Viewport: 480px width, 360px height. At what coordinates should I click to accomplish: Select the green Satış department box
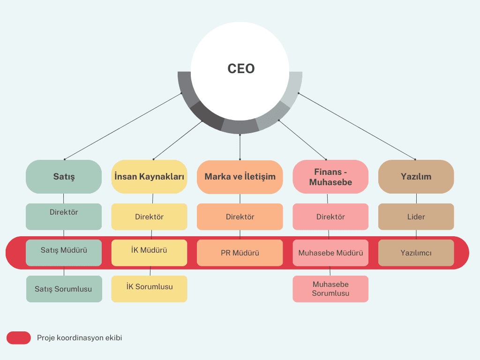tap(64, 177)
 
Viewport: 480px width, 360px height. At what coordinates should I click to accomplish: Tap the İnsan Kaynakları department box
tap(149, 177)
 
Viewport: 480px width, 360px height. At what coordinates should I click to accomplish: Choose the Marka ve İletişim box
tap(240, 177)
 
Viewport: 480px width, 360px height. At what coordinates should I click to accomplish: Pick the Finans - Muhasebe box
tap(330, 177)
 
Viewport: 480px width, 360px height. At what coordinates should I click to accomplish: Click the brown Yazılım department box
tap(416, 177)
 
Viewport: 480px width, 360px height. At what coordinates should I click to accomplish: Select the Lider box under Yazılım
tap(416, 217)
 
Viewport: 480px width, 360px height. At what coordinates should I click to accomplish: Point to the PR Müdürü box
tap(240, 253)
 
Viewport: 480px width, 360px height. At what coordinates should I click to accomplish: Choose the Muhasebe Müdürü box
tap(330, 253)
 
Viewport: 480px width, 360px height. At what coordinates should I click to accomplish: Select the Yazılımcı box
tap(416, 253)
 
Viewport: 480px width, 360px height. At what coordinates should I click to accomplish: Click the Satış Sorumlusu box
tap(64, 289)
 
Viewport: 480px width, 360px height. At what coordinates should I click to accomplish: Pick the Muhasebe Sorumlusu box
tap(330, 289)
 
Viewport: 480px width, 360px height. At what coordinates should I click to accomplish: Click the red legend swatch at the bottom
tap(19, 337)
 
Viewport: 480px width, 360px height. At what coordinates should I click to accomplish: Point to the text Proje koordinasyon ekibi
tap(79, 337)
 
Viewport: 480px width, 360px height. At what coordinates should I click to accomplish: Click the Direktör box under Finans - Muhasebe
tap(330, 217)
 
